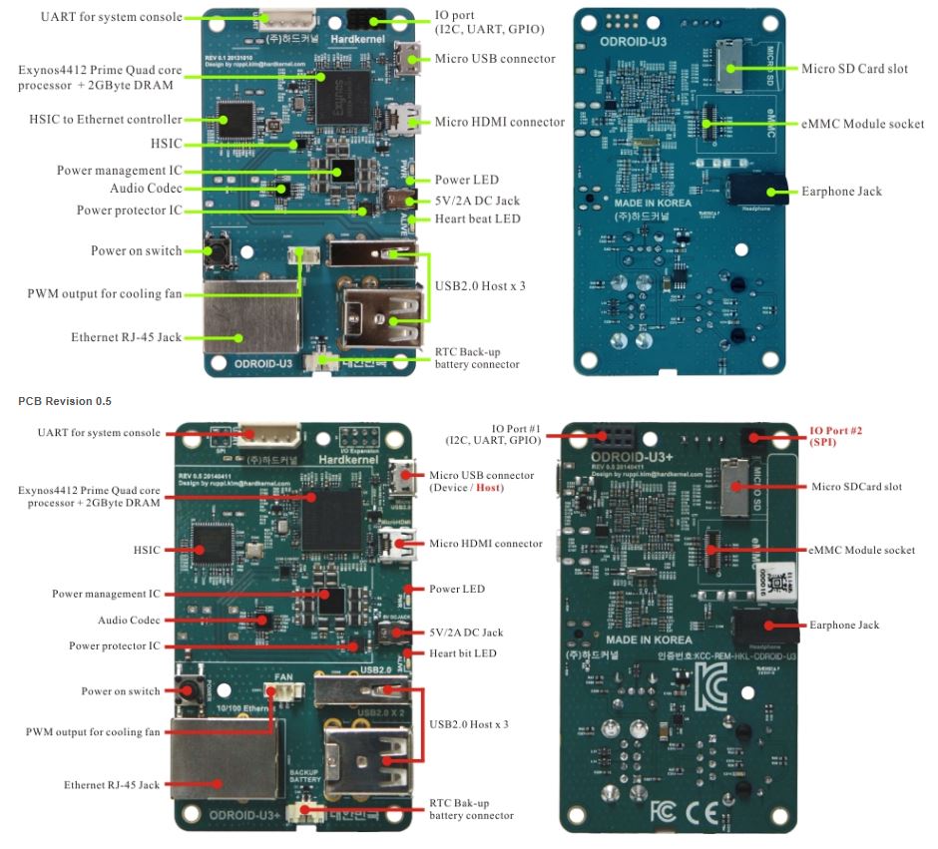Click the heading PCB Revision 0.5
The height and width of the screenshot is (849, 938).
click(x=65, y=401)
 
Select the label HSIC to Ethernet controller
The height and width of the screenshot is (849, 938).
click(x=106, y=120)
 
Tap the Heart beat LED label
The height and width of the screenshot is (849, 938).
click(x=477, y=218)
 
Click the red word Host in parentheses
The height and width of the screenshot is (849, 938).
click(x=489, y=488)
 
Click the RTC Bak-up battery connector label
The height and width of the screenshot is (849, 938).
click(x=471, y=808)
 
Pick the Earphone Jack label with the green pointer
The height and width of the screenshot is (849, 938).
click(x=841, y=192)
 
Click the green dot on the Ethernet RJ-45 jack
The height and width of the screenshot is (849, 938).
click(x=239, y=337)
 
